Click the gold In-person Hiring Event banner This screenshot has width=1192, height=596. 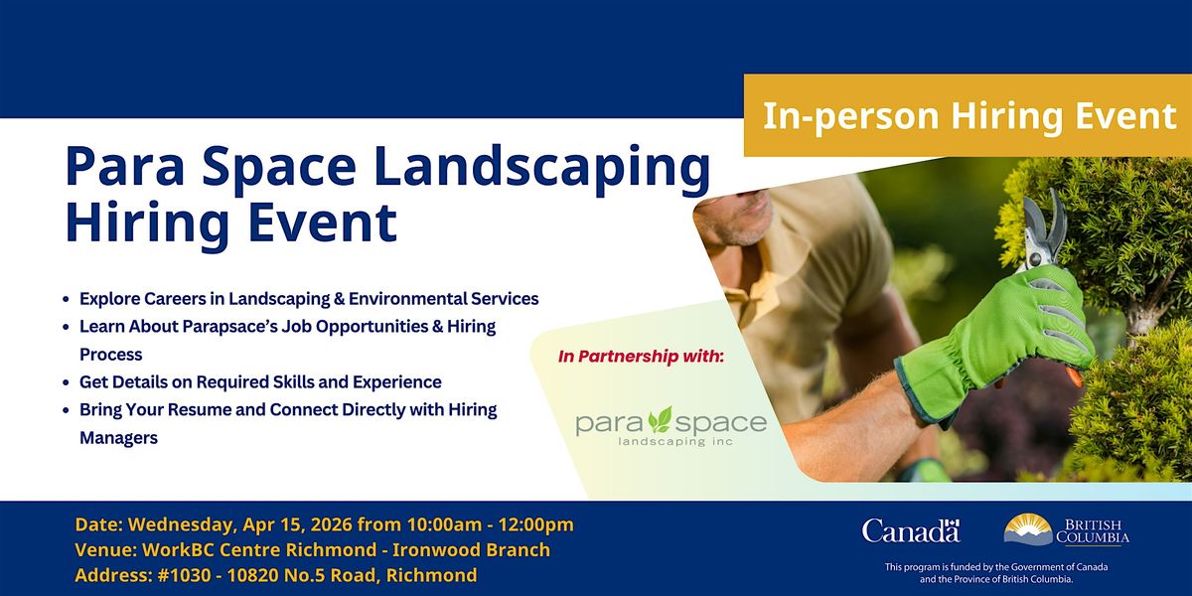tap(968, 115)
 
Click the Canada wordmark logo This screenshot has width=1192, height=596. tap(911, 530)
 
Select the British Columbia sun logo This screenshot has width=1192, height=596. tap(1028, 528)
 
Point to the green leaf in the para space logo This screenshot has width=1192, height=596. tap(661, 419)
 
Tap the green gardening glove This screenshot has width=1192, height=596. tap(996, 345)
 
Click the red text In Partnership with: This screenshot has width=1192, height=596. tap(642, 356)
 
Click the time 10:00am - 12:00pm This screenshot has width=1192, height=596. tap(490, 524)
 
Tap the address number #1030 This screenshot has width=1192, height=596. tap(184, 575)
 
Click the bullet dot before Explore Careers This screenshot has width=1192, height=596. tap(66, 299)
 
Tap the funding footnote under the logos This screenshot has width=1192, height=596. tap(996, 573)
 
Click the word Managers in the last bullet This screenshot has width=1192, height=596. tap(118, 438)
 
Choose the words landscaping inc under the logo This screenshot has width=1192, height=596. tap(675, 442)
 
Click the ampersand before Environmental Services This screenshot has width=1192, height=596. tap(339, 299)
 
